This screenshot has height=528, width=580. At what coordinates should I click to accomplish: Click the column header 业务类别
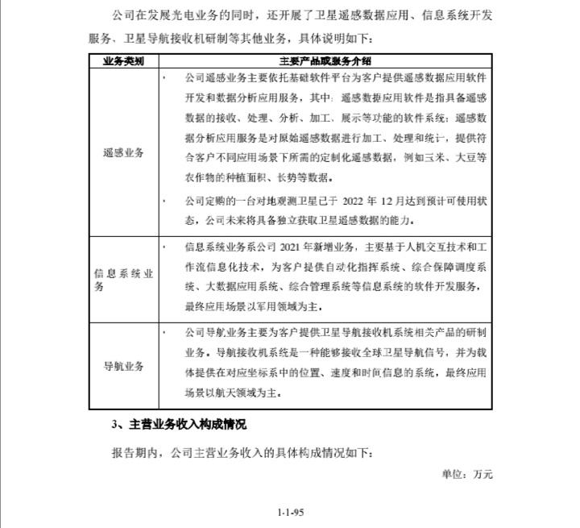point(122,61)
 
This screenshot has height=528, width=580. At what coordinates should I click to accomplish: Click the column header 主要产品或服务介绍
point(325,61)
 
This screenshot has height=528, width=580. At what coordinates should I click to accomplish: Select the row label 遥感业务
point(123,152)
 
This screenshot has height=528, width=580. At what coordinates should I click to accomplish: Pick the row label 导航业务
point(123,366)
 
